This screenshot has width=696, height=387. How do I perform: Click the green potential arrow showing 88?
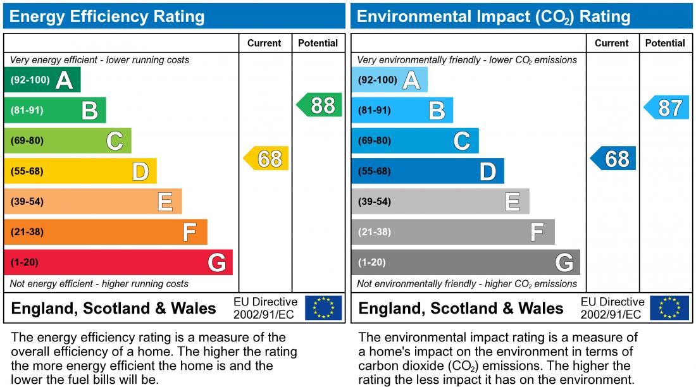tap(320, 105)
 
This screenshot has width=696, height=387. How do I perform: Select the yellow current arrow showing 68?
tap(267, 159)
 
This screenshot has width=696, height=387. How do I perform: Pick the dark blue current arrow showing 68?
tap(614, 159)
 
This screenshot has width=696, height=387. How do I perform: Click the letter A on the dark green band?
tap(64, 81)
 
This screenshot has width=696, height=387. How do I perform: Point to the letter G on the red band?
tap(216, 262)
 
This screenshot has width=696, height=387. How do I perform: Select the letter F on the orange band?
tap(189, 233)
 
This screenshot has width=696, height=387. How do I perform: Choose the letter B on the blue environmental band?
tap(437, 111)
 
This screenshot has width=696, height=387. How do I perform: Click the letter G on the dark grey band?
tap(564, 262)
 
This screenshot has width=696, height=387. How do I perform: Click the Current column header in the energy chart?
tap(264, 43)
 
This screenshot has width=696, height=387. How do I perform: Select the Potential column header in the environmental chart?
tap(665, 43)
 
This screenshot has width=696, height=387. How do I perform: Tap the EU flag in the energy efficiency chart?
tap(323, 308)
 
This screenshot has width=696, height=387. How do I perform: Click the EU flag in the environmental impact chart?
tap(671, 308)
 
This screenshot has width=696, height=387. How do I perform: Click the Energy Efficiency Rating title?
tap(107, 16)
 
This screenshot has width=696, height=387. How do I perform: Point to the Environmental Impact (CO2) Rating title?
tap(494, 16)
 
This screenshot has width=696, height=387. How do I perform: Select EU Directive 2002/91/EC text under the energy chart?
tap(265, 308)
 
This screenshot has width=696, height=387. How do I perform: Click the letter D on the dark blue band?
tap(487, 172)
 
